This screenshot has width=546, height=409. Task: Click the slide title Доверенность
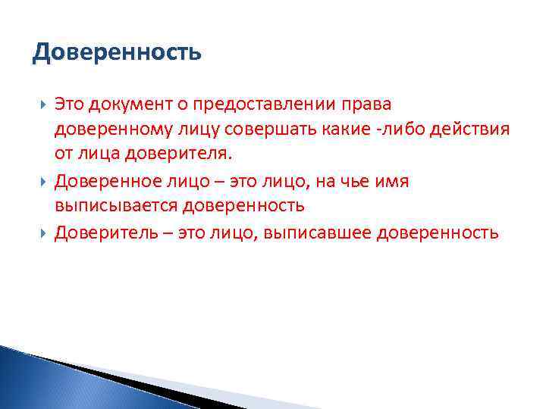[118, 54]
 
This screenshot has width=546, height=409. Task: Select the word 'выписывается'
[111, 206]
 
